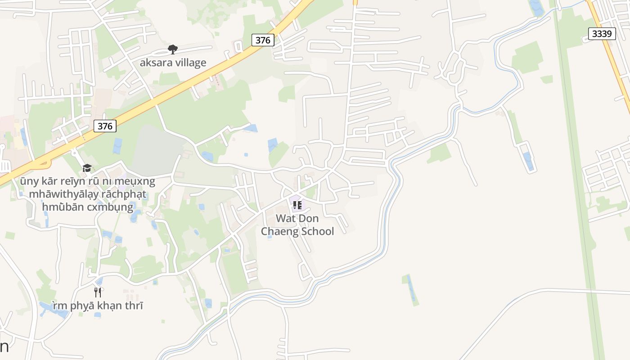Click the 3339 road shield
602,33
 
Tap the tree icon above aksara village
172,49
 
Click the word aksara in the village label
156,63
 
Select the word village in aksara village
190,63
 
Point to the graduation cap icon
87,168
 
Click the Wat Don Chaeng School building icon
297,206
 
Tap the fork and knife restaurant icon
98,292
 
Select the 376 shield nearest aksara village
263,40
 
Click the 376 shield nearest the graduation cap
105,126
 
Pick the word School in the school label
317,231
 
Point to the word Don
309,219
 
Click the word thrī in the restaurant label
134,306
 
